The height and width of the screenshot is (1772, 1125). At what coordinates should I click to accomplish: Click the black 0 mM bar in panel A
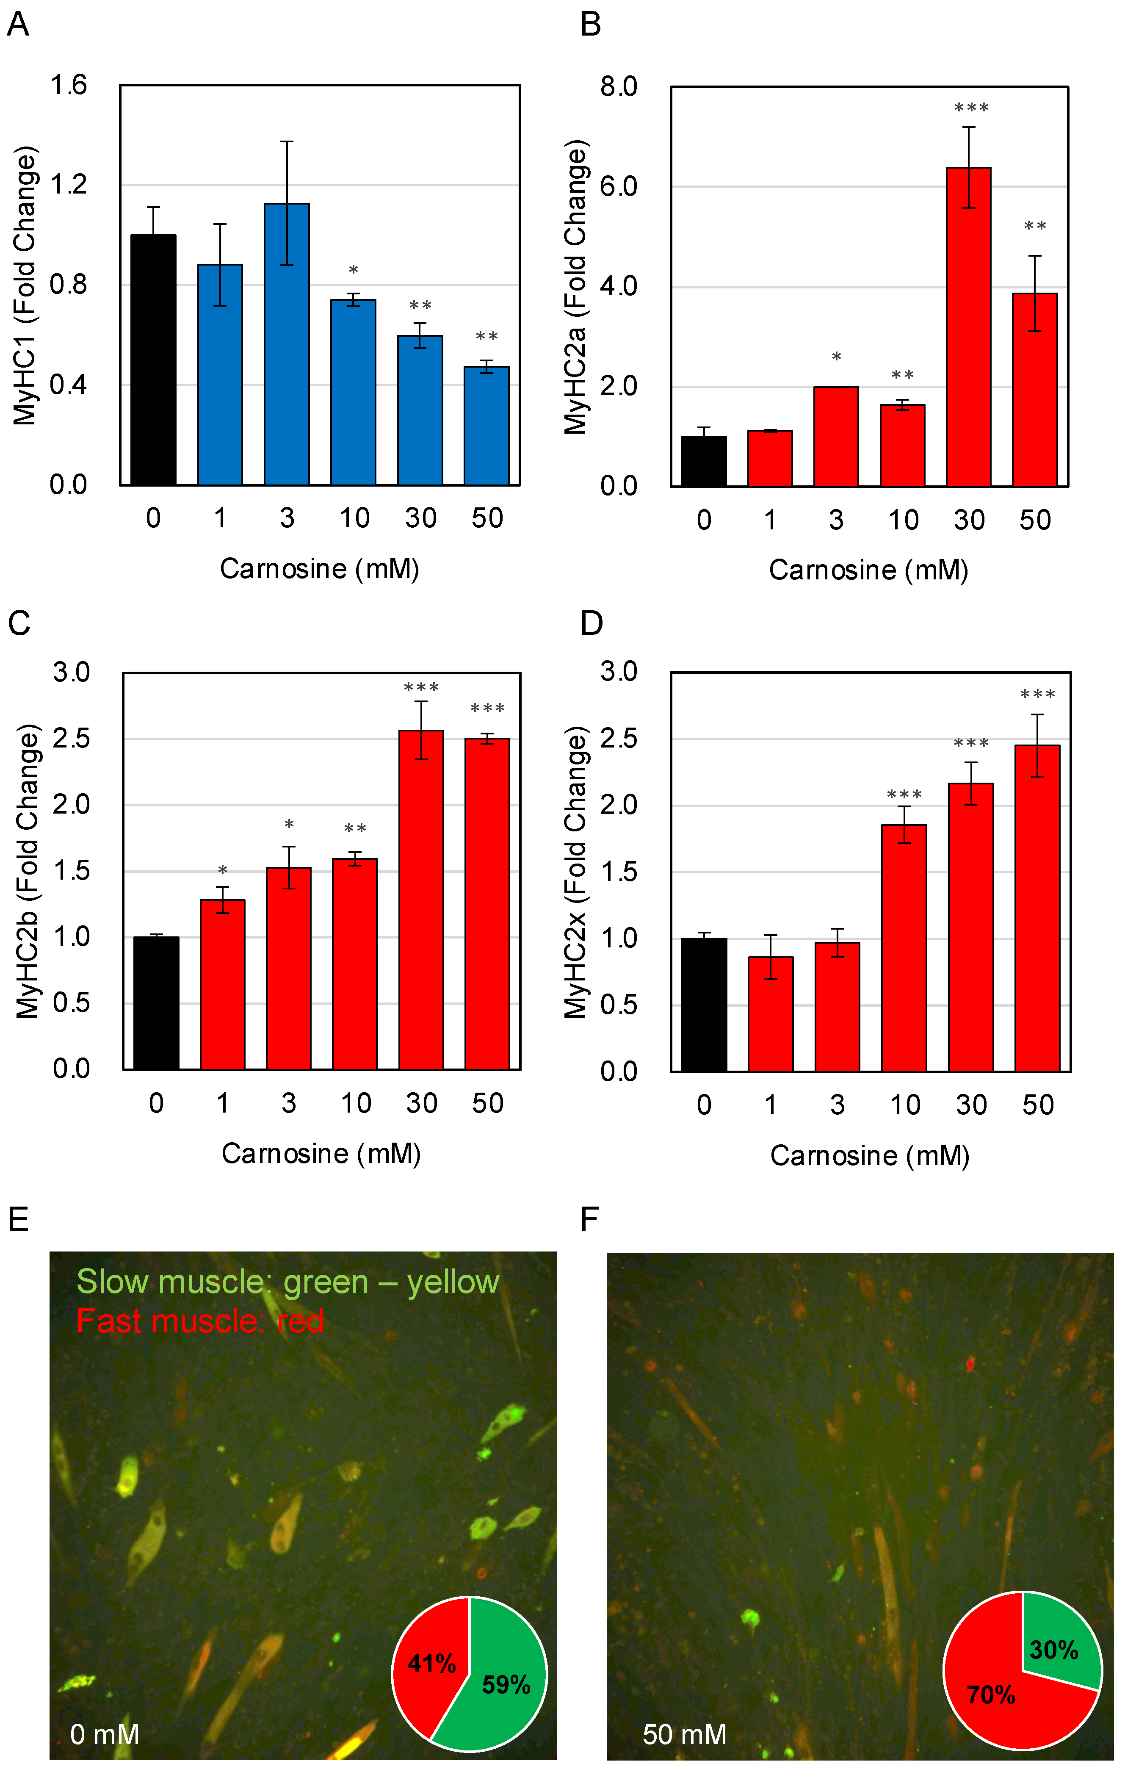[x=153, y=360]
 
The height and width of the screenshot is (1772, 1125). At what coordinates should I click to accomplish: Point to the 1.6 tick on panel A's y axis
[x=69, y=86]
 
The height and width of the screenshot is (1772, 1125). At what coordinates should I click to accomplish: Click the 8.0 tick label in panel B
[x=619, y=87]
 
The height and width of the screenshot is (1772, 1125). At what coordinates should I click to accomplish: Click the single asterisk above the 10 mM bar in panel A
[x=353, y=271]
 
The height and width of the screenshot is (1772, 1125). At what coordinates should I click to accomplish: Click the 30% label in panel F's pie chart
[x=1053, y=1650]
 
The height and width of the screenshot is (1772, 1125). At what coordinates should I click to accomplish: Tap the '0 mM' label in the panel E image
[x=105, y=1734]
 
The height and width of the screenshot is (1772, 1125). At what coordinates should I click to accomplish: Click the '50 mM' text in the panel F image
[x=684, y=1734]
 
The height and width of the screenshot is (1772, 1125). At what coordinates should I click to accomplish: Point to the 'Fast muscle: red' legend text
[x=200, y=1321]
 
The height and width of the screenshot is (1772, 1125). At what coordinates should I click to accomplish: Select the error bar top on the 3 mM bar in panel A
[x=287, y=141]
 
